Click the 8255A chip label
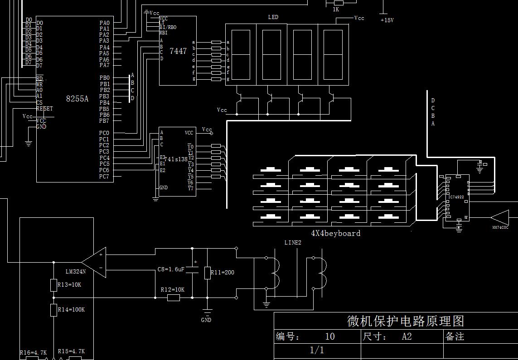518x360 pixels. tap(77, 99)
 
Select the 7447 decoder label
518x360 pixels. tap(178, 51)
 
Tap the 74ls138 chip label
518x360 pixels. tap(175, 159)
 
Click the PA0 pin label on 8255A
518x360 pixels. tap(104, 23)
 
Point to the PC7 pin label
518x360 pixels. tap(104, 177)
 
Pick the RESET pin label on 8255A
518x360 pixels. tap(44, 109)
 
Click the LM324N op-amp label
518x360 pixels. tap(76, 272)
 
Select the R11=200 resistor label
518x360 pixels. tap(223, 273)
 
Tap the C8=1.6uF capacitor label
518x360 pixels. tap(171, 269)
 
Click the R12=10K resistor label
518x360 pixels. tap(173, 289)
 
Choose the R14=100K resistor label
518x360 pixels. tap(72, 310)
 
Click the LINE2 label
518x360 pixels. tap(293, 243)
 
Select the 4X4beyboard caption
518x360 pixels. tap(335, 233)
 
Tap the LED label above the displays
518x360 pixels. tap(273, 17)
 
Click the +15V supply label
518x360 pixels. tap(387, 20)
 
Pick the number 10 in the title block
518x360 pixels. tap(330, 336)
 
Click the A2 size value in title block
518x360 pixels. tap(407, 336)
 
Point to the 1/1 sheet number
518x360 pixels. tap(317, 350)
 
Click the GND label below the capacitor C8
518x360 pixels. tap(206, 320)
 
